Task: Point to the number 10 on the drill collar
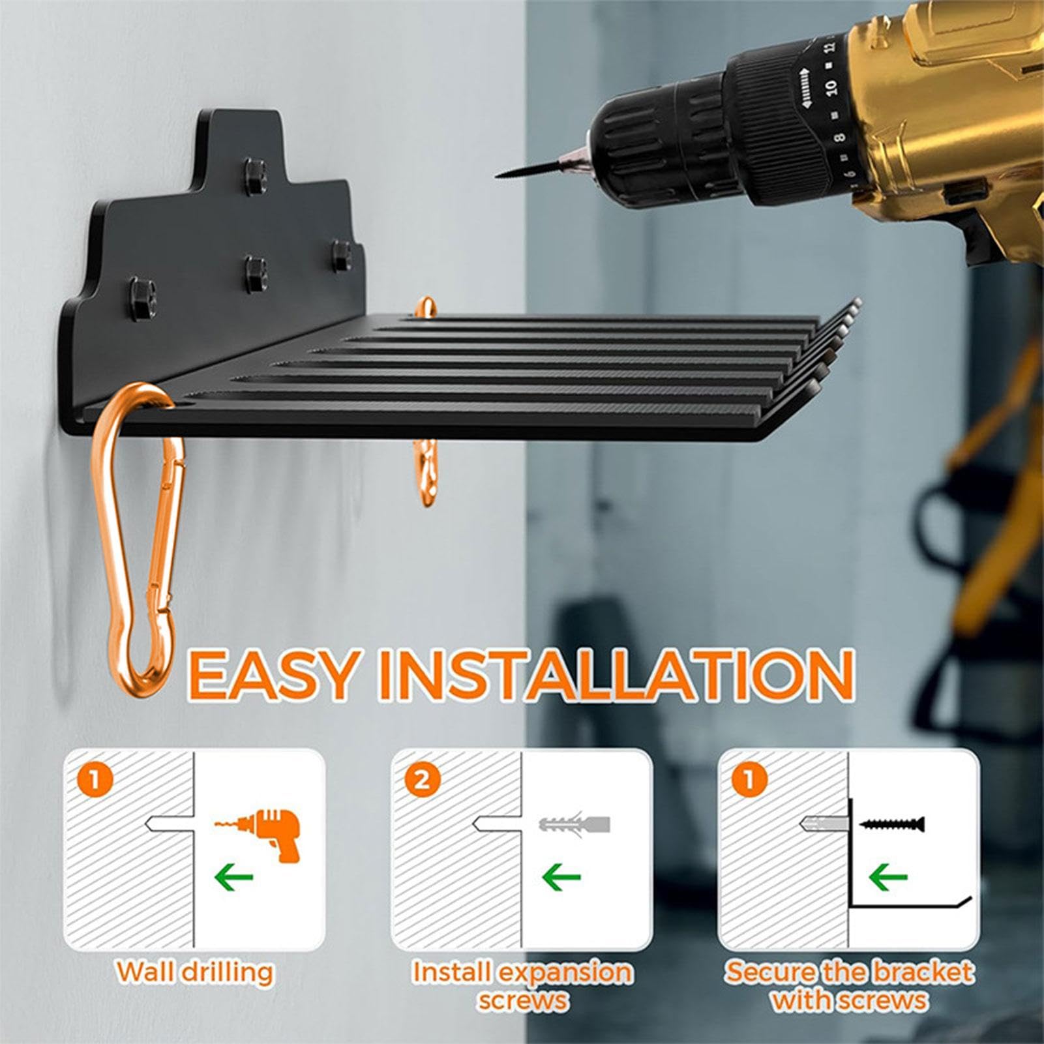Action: click(x=830, y=85)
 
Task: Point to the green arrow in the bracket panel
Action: click(x=888, y=876)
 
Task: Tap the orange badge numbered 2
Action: click(x=422, y=779)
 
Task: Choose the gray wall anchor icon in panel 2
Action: click(x=574, y=824)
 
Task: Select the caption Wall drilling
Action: click(x=195, y=972)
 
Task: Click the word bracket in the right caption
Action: click(x=922, y=972)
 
